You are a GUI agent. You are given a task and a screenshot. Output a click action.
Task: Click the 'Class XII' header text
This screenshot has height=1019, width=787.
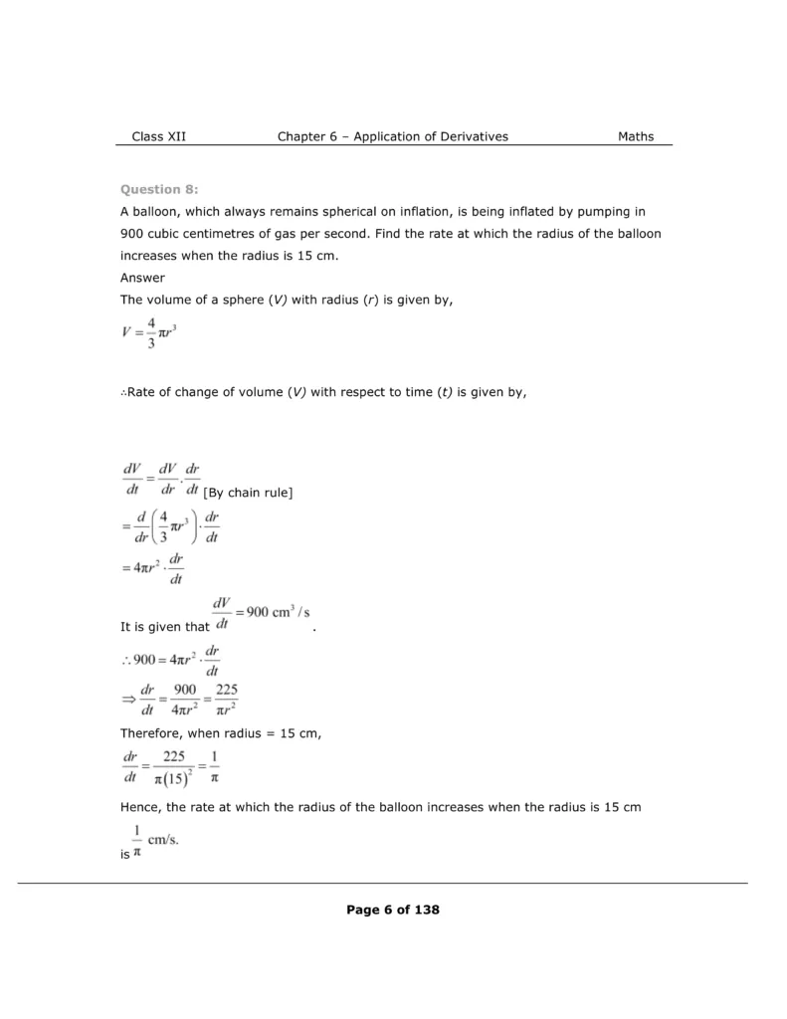tap(158, 136)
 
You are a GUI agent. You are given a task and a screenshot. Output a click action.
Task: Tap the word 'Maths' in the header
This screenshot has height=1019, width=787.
tap(636, 136)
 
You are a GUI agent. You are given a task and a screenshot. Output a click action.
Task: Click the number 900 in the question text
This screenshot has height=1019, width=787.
tap(132, 234)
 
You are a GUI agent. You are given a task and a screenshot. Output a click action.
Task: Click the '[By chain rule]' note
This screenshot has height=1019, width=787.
tap(248, 494)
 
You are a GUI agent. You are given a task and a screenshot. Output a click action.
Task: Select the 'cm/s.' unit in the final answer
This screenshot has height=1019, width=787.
tap(163, 841)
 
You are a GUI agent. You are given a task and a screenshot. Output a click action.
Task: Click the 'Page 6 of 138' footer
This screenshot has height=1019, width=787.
tap(393, 910)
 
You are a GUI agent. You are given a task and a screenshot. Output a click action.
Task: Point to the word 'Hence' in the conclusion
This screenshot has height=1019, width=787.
tap(139, 807)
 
